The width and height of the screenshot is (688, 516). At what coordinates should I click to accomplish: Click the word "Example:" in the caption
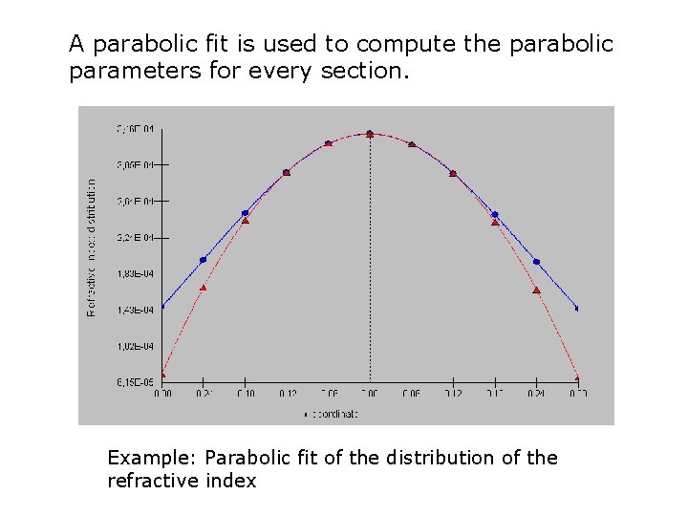153,458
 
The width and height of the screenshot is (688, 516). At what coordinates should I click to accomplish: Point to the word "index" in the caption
231,481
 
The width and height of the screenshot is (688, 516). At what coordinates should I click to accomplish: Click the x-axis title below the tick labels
331,414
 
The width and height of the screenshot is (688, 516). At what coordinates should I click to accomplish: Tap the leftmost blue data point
162,307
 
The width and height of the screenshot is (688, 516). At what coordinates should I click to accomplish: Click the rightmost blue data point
577,309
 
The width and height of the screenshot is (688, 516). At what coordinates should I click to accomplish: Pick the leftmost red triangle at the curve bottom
162,375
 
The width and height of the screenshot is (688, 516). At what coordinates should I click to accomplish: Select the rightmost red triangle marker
577,377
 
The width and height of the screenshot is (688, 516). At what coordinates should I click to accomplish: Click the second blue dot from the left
203,260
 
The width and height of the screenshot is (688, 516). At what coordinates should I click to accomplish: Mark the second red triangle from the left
203,288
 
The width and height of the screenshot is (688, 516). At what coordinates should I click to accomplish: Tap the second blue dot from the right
536,262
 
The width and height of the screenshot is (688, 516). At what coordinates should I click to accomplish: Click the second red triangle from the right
536,290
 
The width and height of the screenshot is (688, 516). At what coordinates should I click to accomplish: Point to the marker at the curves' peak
370,134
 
